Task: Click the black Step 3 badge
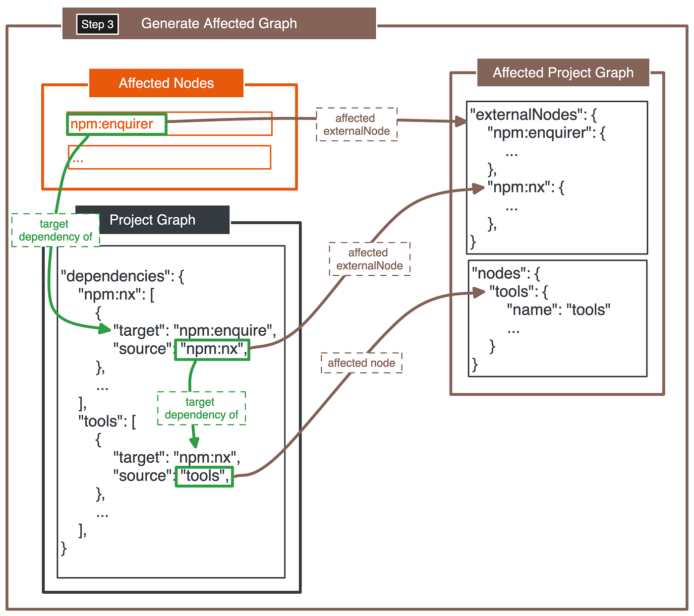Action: point(97,24)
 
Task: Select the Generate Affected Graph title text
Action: point(219,24)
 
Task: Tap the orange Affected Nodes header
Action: point(166,83)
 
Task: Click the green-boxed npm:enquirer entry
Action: point(116,124)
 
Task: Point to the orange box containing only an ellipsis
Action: point(170,157)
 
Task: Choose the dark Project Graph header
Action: point(153,220)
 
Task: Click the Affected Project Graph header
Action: point(563,72)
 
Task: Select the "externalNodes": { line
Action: point(533,115)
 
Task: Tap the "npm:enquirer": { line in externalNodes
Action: point(546,132)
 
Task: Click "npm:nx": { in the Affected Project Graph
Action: point(525,187)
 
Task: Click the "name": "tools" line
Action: point(558,310)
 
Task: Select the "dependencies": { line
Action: point(122,276)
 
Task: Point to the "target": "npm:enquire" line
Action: point(194,331)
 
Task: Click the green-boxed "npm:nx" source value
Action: point(212,350)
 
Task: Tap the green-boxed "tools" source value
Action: point(204,477)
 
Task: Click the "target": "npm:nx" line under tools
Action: point(177,458)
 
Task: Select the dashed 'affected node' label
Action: point(361,363)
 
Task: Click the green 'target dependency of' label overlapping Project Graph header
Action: point(56,230)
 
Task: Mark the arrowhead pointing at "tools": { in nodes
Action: point(479,293)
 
